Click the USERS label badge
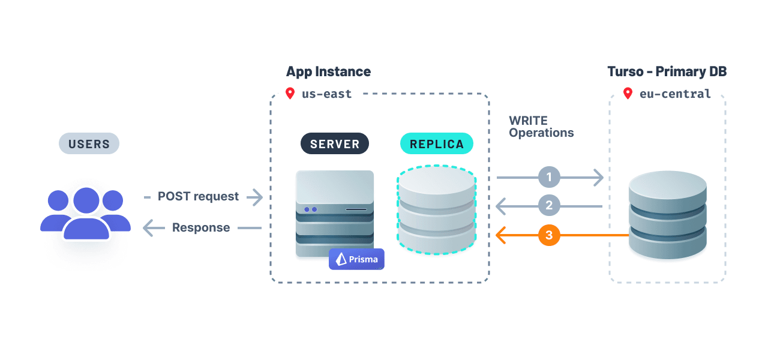[x=89, y=144]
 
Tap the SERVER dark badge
[x=335, y=144]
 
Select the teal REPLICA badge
[x=436, y=144]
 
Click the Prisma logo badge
[x=356, y=259]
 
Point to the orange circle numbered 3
[x=549, y=235]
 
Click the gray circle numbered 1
[x=549, y=177]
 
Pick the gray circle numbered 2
[x=549, y=206]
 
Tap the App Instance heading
[x=328, y=71]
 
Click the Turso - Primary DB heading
[x=667, y=71]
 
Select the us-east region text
[x=327, y=94]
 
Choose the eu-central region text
[x=675, y=94]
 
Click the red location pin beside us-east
[x=290, y=94]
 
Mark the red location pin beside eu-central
[x=628, y=94]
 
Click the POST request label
[x=198, y=196]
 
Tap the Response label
[x=201, y=227]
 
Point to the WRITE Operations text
[x=541, y=127]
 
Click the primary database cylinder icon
[x=667, y=215]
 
